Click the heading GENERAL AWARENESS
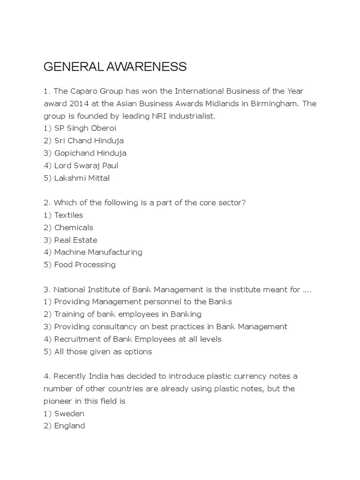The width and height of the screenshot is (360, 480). (115, 67)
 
